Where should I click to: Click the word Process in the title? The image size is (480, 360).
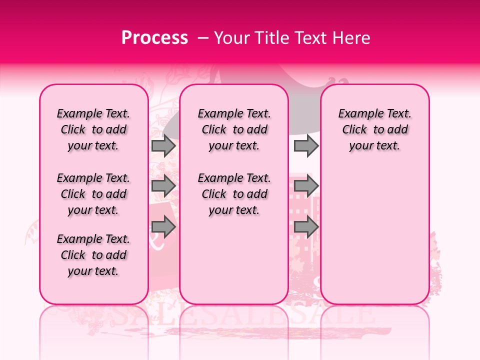[154, 38]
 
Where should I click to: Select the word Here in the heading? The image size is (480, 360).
[351, 38]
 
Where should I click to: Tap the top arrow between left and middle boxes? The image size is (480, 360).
[163, 145]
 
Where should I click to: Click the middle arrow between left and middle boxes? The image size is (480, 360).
[163, 186]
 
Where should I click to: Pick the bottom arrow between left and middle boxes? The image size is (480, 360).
[163, 227]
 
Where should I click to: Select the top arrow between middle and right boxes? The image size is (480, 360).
[305, 145]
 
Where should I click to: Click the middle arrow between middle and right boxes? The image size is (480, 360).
[305, 186]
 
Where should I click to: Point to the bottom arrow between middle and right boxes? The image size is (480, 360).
[305, 227]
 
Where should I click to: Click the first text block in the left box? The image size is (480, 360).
[93, 129]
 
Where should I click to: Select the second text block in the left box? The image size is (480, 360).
[93, 194]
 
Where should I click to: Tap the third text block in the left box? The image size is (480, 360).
[93, 255]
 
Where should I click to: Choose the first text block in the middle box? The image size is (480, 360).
[234, 129]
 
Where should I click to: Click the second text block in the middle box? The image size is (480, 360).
[234, 194]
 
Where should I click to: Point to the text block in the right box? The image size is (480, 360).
[375, 129]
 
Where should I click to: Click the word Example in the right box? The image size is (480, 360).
[356, 114]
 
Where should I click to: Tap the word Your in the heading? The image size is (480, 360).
[230, 38]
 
